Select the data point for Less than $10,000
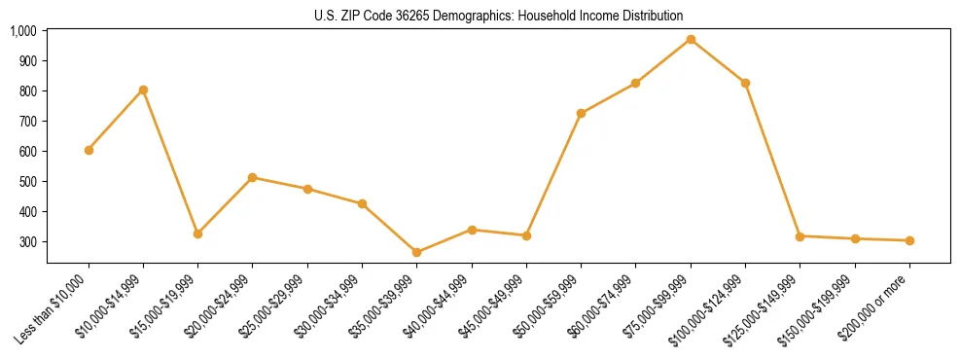pyautogui.click(x=89, y=150)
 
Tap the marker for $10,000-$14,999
pyautogui.click(x=143, y=90)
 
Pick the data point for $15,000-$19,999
pyautogui.click(x=197, y=234)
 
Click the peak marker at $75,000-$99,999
pyautogui.click(x=691, y=39)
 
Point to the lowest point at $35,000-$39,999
pyautogui.click(x=416, y=252)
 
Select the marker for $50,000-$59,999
pyautogui.click(x=581, y=113)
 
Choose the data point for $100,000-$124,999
pyautogui.click(x=745, y=83)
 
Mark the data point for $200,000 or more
pyautogui.click(x=909, y=240)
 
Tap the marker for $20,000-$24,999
pyautogui.click(x=252, y=177)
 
